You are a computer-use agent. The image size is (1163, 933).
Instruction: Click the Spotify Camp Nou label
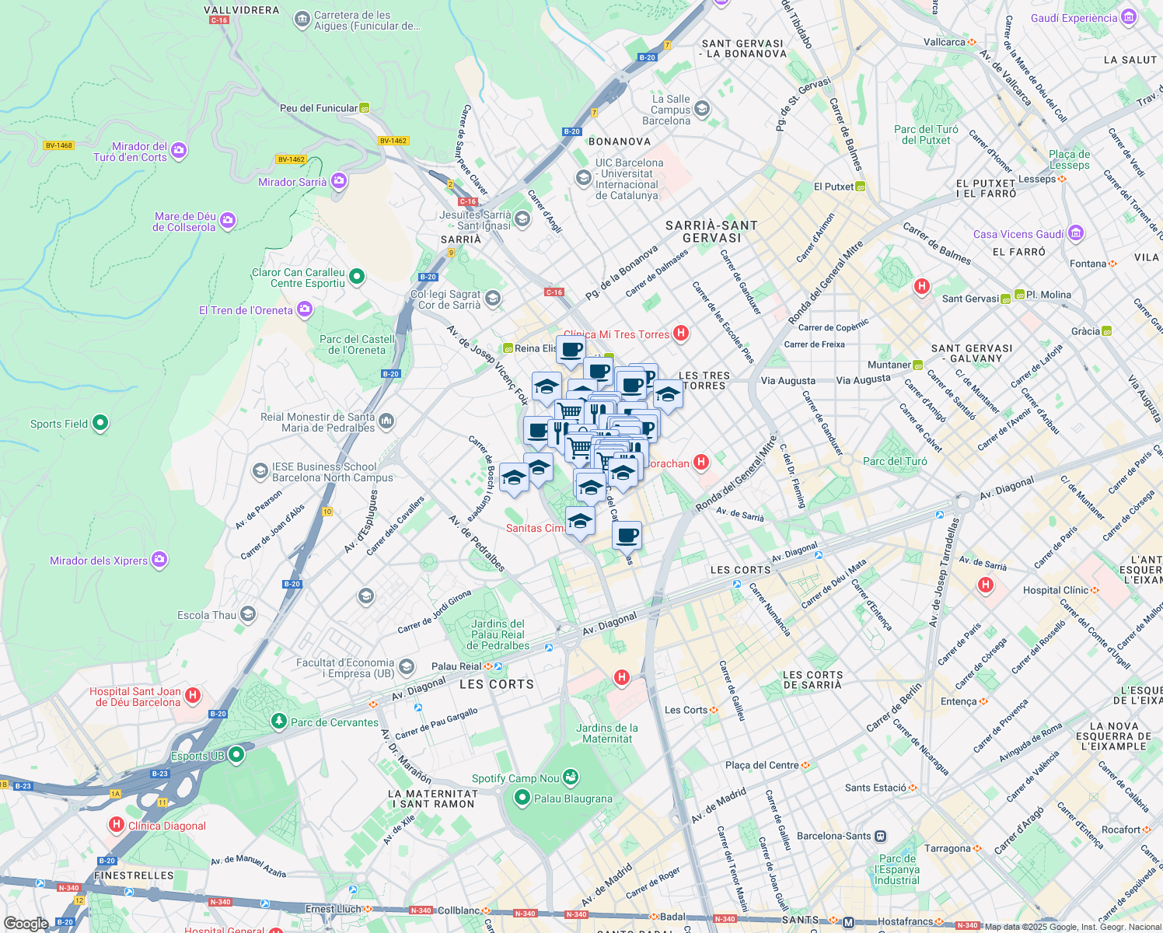click(x=515, y=778)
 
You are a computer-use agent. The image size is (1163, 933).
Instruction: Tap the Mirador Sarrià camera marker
click(x=338, y=181)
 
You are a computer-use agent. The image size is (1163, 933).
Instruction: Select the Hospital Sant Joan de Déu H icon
click(x=193, y=695)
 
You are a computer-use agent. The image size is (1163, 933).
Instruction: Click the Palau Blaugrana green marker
click(x=522, y=798)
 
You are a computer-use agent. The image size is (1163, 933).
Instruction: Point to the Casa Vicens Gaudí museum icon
click(x=1075, y=232)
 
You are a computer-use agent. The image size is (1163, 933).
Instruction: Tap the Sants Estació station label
click(x=875, y=788)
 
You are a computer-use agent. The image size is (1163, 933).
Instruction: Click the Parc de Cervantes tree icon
click(x=278, y=722)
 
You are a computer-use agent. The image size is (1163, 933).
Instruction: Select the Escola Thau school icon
click(x=247, y=614)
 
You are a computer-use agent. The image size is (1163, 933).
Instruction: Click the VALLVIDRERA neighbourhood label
click(x=241, y=10)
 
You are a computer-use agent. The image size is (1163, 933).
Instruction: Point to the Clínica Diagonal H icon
click(x=117, y=824)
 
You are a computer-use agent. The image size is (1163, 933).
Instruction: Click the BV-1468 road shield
click(x=58, y=145)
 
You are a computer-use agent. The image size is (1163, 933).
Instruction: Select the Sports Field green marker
click(x=100, y=423)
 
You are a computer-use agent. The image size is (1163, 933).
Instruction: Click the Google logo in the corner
click(x=26, y=923)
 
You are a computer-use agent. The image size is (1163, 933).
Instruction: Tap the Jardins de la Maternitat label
click(x=607, y=733)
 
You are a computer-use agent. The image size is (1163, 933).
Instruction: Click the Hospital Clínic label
click(x=1055, y=590)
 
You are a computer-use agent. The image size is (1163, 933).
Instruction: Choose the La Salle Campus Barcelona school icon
click(x=702, y=109)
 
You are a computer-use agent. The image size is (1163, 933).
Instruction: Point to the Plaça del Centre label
click(x=762, y=765)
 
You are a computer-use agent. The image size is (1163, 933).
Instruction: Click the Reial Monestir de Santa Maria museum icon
click(x=386, y=421)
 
